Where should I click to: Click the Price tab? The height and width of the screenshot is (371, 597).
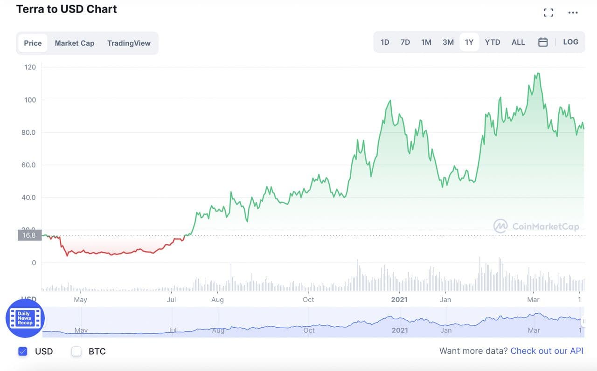coord(33,43)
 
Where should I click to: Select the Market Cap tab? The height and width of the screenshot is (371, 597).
coord(75,43)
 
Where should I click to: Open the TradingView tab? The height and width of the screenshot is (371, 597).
coord(129,43)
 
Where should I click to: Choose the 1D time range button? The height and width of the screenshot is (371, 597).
coord(385,42)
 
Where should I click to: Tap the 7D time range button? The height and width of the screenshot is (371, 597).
coord(405,42)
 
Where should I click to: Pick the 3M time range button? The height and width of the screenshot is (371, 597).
coord(448,42)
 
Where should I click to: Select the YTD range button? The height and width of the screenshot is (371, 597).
coord(493,42)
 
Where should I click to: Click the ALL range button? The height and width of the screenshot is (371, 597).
coord(518,42)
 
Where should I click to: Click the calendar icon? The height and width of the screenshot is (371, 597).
coord(543,42)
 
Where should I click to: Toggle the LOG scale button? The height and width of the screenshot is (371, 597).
coord(570,42)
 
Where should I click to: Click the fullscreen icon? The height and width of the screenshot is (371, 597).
coord(548,13)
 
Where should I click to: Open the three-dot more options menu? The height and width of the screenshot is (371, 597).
coord(573,13)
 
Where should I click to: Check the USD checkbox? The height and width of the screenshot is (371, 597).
coord(23,351)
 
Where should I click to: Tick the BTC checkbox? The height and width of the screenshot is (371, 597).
coord(76,351)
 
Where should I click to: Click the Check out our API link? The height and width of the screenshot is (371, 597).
coord(547,351)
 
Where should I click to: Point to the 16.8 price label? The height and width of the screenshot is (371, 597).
coord(29,235)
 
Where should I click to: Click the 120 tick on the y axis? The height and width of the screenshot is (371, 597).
coord(30,67)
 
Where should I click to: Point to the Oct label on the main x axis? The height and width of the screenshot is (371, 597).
coord(308,299)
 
